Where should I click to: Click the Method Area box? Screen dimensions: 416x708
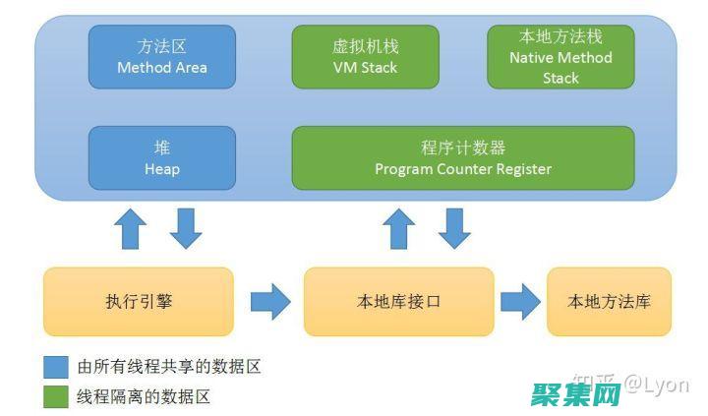[x=162, y=57]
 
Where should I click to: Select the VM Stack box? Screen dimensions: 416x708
[x=365, y=57]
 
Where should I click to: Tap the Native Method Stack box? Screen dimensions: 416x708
[x=560, y=57]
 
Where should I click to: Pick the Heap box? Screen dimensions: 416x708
[x=162, y=157]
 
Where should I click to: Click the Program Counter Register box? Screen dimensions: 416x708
[x=463, y=157]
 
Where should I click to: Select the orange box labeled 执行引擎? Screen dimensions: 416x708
[x=139, y=301]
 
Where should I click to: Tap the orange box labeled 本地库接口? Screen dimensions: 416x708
[x=398, y=301]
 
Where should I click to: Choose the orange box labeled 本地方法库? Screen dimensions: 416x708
[x=609, y=301]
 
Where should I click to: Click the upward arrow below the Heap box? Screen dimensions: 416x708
[x=131, y=228]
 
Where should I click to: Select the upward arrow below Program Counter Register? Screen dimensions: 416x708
[x=398, y=228]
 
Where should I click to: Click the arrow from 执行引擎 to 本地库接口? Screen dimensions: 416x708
[x=269, y=301]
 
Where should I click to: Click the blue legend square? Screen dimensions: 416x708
[x=56, y=367]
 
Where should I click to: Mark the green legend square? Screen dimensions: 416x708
[x=56, y=396]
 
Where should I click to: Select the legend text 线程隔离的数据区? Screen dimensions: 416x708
[x=144, y=396]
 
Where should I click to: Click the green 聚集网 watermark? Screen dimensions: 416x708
[x=576, y=395]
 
